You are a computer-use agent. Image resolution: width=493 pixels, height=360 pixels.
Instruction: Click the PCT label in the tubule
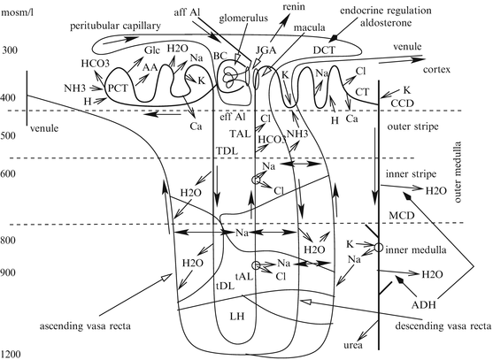tap(118, 88)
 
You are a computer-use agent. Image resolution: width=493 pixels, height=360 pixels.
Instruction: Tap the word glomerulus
tap(243, 19)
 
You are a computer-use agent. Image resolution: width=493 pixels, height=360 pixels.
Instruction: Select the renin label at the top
tap(294, 6)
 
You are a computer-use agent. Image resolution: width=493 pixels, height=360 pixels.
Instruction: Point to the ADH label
tap(424, 304)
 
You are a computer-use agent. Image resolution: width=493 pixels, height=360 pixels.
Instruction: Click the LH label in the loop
tap(236, 316)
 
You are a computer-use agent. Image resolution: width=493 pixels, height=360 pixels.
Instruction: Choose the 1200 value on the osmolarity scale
tap(11, 355)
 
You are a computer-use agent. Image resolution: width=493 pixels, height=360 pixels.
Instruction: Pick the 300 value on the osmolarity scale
tap(11, 50)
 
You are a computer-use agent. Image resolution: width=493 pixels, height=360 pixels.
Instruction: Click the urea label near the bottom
tap(353, 345)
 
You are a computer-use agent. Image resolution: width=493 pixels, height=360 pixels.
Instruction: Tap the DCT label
tap(324, 50)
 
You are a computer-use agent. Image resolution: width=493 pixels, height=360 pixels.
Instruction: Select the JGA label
tap(266, 50)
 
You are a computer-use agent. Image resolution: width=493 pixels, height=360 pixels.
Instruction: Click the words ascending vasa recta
tap(85, 326)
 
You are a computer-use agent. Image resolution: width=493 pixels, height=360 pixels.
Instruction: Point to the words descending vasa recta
tap(443, 326)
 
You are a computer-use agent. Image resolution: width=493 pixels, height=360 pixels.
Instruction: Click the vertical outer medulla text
tap(458, 172)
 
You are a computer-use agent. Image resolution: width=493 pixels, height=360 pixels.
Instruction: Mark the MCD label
tap(402, 216)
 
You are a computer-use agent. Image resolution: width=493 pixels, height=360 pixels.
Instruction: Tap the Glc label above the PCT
tap(152, 50)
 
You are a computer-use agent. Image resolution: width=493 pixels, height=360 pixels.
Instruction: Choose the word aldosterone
tap(386, 23)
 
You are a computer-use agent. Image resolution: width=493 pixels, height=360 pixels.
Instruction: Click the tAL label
tap(244, 276)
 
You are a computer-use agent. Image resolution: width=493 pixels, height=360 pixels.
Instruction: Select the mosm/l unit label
tap(15, 13)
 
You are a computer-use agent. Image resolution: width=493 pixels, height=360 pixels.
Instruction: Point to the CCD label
tap(402, 103)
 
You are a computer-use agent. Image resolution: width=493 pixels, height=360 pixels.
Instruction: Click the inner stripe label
tap(411, 173)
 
